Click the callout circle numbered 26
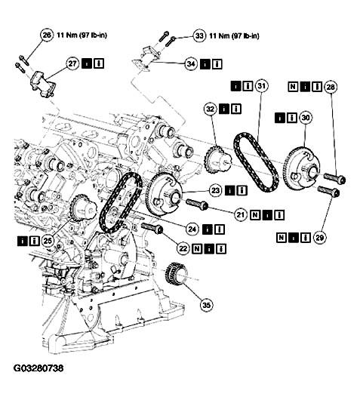coord(47,34)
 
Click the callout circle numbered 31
coord(262,88)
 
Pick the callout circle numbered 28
coord(330,88)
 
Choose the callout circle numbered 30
coord(306,118)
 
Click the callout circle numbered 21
coord(241,216)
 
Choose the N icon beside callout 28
coord(294,88)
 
